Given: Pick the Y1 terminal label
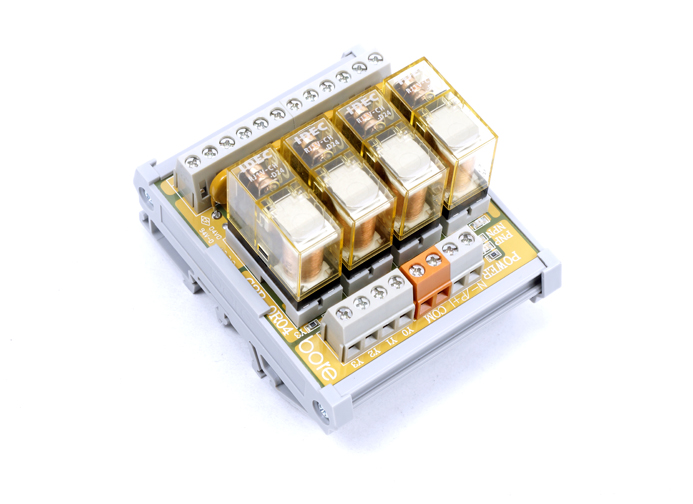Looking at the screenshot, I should pyautogui.click(x=390, y=339).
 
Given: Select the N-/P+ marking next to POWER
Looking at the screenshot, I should pyautogui.click(x=477, y=289).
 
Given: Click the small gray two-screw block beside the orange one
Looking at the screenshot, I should pyautogui.click(x=458, y=249).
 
